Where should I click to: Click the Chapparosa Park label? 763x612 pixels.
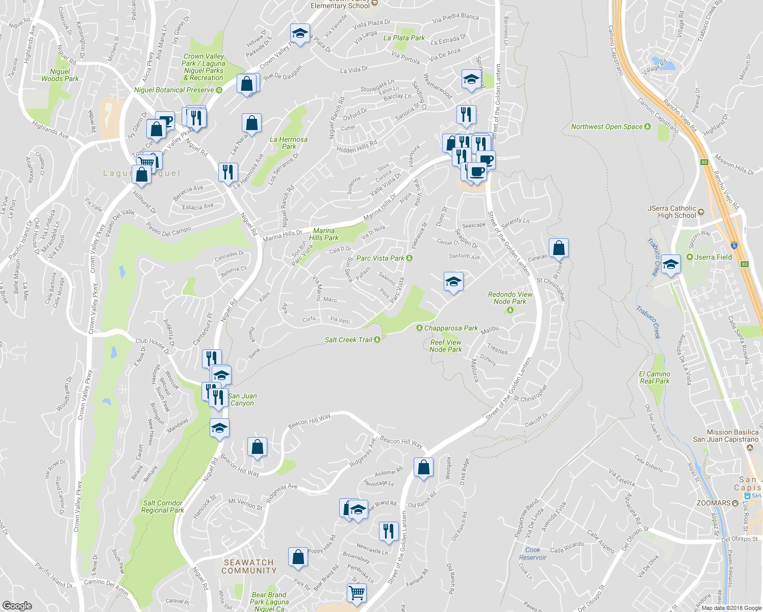pos(451,328)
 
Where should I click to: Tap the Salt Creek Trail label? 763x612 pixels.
pos(349,340)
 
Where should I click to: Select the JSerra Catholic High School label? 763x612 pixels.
pos(672,212)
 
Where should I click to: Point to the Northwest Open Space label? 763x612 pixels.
pos(606,126)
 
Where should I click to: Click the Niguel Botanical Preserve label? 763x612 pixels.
pos(174,90)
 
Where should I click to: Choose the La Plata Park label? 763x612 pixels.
pos(404,38)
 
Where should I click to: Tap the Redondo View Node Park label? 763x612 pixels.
pos(510,298)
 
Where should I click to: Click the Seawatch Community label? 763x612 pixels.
pos(249,566)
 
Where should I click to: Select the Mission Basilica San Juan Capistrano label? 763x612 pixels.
pos(726,436)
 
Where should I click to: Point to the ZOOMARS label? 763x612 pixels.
pos(714,503)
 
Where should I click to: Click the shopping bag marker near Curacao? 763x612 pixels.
pos(559,248)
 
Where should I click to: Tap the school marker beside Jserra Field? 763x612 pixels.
pos(671,265)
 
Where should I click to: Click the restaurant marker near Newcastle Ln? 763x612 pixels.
pos(389,531)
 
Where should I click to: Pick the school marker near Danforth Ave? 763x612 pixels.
pos(453,282)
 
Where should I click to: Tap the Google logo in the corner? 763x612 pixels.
pos(17,605)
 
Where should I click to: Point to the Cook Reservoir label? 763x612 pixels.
pos(532,553)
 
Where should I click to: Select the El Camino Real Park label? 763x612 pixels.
pos(655,377)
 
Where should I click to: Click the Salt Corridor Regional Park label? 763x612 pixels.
pos(163,506)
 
